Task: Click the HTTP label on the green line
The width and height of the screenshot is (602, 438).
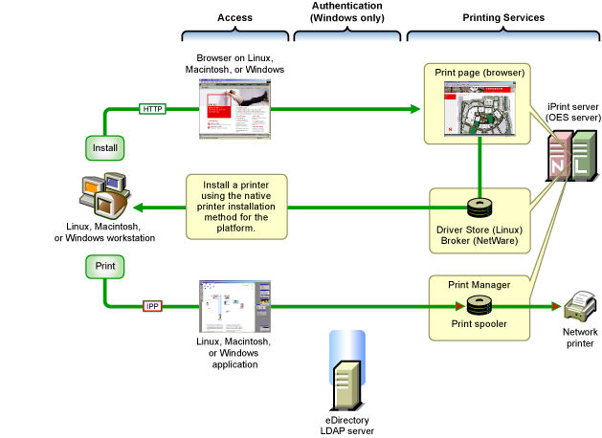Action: point(153,109)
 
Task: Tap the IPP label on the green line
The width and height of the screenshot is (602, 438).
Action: point(153,306)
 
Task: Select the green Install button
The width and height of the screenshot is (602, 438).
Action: point(103,148)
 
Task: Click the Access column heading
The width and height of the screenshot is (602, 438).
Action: point(234,18)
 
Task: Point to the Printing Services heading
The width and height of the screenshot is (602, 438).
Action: point(503,18)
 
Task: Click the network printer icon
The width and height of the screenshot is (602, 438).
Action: point(580,307)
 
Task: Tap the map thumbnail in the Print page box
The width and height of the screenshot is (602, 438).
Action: point(478,110)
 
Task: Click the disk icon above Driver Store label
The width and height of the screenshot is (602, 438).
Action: point(478,208)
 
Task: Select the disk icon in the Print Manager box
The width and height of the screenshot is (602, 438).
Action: point(478,305)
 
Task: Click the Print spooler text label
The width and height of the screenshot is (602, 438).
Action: point(479,324)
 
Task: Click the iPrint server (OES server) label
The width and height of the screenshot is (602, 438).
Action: point(572,110)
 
